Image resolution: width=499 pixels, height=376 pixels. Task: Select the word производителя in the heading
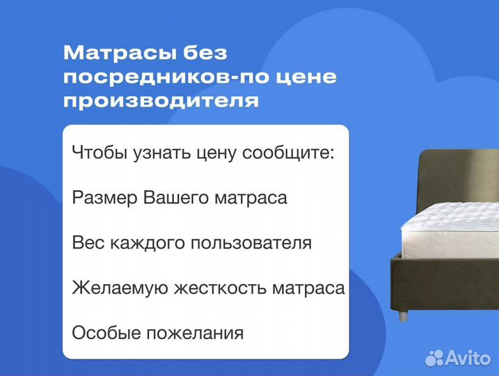(161, 101)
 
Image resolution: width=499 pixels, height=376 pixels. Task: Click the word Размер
(105, 198)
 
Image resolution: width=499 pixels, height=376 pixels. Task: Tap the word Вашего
(176, 198)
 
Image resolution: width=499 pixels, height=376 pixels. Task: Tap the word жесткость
(218, 288)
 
